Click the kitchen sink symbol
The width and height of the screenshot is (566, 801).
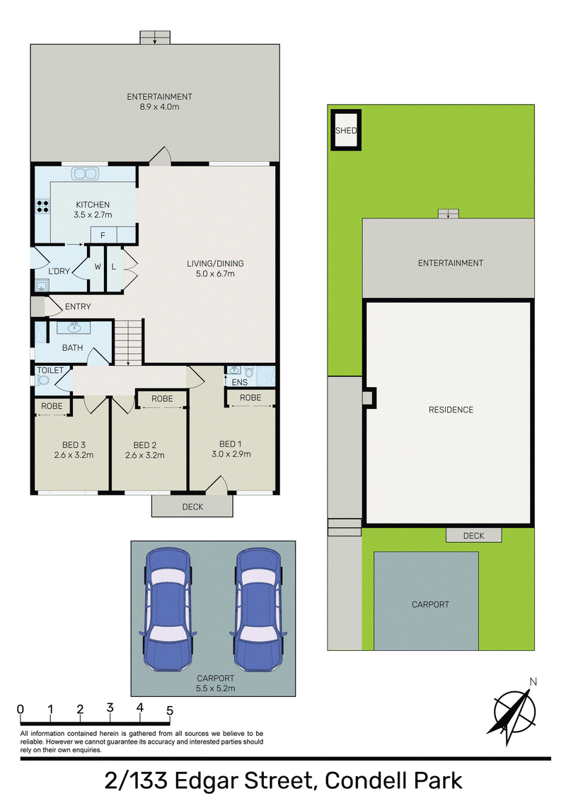coord(85,173)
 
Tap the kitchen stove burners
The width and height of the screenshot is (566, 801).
coord(42,207)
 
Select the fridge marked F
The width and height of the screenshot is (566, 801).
coord(103,236)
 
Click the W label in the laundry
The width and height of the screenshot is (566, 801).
coord(98,267)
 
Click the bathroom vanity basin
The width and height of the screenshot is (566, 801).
coord(74,327)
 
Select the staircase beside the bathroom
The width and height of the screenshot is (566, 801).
coord(128,342)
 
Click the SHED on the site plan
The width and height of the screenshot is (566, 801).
coord(346,130)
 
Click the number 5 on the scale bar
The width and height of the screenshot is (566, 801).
coord(170,710)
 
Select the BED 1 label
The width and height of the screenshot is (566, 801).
coord(231,444)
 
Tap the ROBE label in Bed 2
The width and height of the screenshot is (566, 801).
coord(162,398)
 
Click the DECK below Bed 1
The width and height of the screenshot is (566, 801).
coord(192,506)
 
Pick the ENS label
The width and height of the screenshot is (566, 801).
coord(240,382)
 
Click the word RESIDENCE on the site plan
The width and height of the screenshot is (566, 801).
coord(451,410)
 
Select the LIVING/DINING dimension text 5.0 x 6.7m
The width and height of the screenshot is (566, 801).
coord(215,274)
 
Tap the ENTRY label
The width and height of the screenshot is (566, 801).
coord(78,306)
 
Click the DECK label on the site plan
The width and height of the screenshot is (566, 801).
coord(473,536)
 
